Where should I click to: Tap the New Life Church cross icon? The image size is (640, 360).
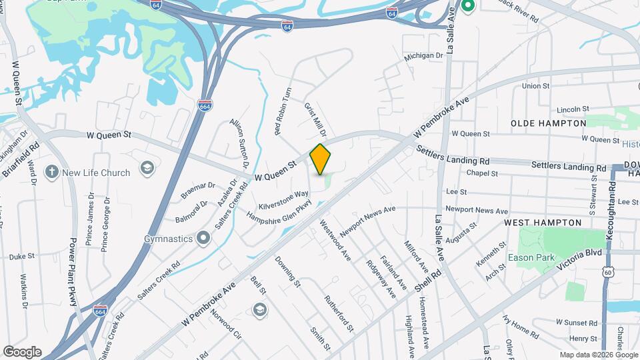point(52,173)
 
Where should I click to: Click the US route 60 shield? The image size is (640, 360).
point(607,272)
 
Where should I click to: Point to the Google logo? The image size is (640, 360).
point(22,352)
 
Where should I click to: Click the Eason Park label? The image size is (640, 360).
point(531,257)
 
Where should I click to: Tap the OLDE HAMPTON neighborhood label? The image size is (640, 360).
point(548,123)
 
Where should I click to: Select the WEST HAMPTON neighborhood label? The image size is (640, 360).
point(542,222)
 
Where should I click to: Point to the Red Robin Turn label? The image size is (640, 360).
point(283,111)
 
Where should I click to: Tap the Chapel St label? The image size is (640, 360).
point(482,173)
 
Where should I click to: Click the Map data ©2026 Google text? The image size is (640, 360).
point(598,355)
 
